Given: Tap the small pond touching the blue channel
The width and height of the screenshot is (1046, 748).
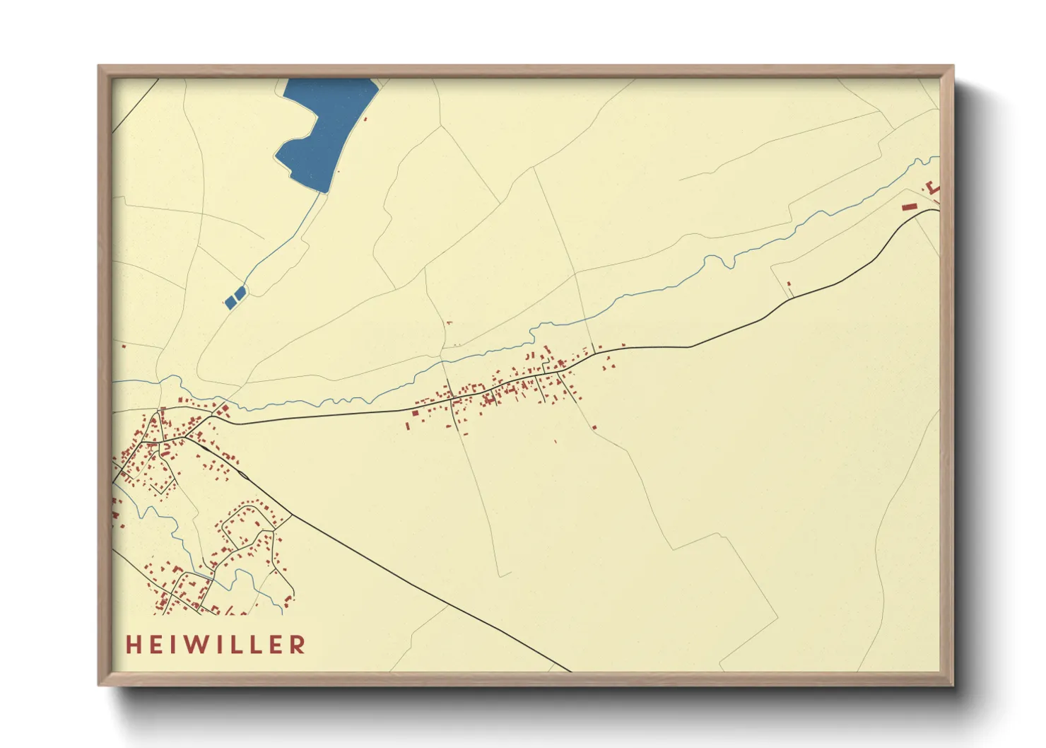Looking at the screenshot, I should (240, 292).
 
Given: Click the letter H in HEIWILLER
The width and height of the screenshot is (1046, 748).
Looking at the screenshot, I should (133, 644).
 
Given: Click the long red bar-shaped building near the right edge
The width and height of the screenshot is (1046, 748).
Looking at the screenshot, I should (910, 206).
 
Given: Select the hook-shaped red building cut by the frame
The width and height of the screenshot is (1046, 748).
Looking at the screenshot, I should (934, 188).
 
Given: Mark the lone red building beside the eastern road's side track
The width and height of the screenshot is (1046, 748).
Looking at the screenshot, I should (789, 284).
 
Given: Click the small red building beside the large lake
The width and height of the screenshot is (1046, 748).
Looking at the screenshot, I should (365, 118).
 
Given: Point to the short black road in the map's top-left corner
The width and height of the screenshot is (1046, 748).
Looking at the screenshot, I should (134, 106).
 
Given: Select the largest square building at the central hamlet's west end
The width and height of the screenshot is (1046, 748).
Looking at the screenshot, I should (416, 411).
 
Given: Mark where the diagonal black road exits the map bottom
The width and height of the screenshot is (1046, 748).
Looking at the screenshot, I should (570, 670).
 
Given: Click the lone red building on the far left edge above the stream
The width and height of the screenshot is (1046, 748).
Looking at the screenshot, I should (124, 346).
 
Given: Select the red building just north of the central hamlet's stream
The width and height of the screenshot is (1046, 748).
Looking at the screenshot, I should (449, 324).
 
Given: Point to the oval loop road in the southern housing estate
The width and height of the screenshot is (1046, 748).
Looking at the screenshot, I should (247, 523).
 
